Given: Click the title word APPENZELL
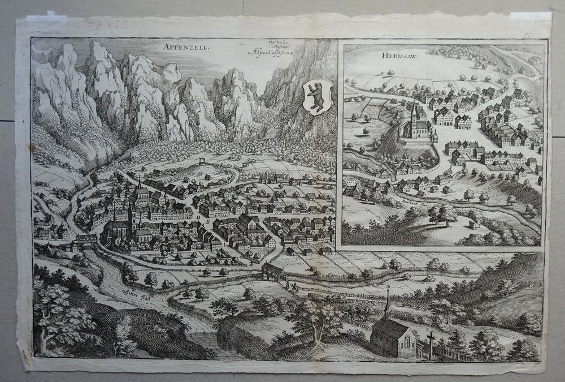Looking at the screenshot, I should coord(189,49).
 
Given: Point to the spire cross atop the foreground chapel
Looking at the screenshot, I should coord(388,290).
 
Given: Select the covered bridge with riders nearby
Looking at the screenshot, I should coord(273,272).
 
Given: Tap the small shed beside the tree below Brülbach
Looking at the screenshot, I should coord(473,225).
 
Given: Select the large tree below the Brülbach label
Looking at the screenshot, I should coord(444,213).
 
